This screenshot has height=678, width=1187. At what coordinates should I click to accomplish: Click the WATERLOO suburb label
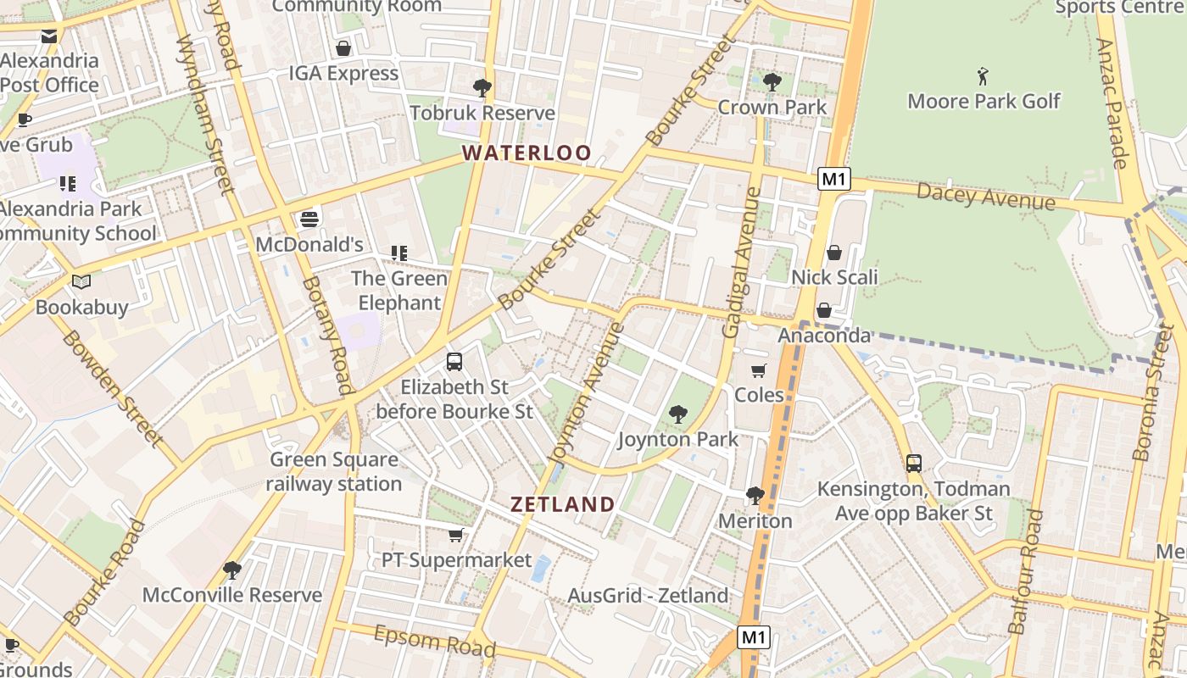point(527,153)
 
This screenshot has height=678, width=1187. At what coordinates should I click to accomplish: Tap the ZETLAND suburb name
point(563,504)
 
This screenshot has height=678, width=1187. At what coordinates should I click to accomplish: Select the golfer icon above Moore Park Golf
point(983,76)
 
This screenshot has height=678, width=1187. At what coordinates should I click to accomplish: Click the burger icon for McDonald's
point(309,220)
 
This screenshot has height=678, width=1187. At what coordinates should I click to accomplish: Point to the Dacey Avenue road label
point(985,196)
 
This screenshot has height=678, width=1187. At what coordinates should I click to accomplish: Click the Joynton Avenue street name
point(586,394)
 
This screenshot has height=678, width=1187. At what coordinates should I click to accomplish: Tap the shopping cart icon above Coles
point(759,371)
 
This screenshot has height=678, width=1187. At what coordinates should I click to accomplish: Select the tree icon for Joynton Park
point(677,414)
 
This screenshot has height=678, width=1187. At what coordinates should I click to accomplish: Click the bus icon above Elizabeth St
point(454,362)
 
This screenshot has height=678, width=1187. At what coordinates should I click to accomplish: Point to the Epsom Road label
point(434,641)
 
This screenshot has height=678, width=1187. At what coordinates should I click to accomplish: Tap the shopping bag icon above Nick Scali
point(834,253)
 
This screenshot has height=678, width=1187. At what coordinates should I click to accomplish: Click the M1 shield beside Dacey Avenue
point(834,179)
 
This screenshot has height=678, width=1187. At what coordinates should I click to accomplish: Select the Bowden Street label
point(112,388)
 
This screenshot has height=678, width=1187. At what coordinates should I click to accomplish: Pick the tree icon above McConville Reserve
point(232,570)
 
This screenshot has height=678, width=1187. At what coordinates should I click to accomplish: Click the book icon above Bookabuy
point(81,281)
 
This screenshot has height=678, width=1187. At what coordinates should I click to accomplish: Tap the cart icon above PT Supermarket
point(456,535)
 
